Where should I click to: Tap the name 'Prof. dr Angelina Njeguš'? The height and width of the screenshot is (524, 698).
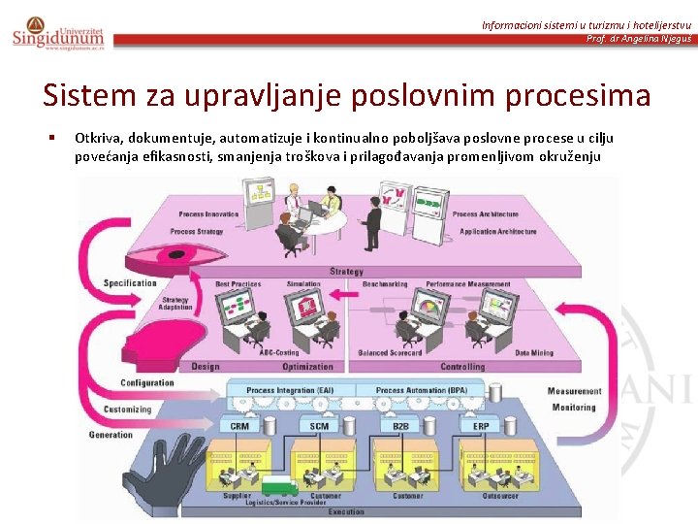[638, 39]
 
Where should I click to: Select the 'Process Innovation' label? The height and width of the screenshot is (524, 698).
[209, 213]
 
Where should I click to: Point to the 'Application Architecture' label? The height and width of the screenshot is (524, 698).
[498, 232]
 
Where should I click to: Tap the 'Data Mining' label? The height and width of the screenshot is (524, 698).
[534, 353]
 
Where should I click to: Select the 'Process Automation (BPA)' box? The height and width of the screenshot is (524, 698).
[421, 390]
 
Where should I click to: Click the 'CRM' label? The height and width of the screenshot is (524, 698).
[239, 426]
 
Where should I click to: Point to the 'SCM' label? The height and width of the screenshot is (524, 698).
[319, 426]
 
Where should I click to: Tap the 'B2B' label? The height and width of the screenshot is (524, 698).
[399, 426]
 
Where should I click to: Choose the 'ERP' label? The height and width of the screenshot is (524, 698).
[481, 426]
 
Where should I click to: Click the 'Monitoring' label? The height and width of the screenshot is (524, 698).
[574, 408]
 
